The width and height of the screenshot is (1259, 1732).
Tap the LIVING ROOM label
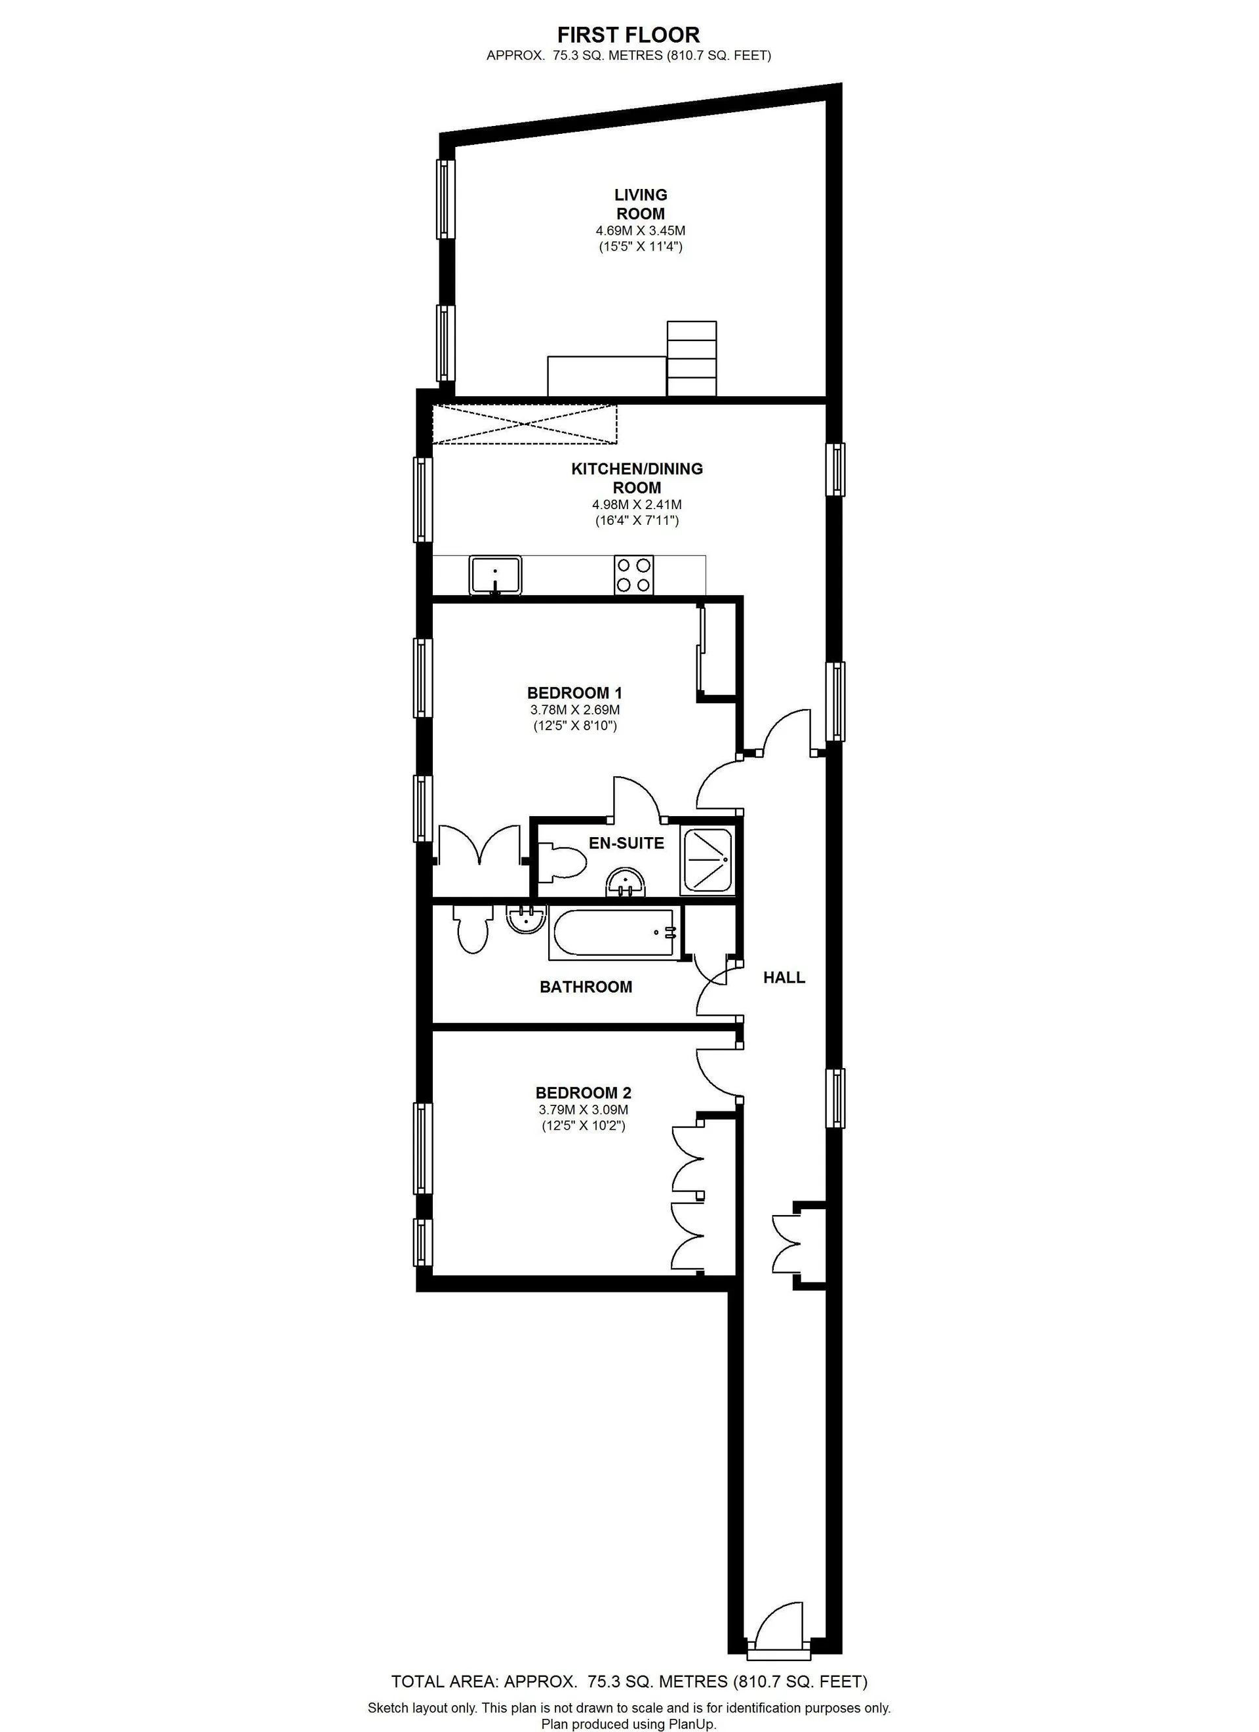641,205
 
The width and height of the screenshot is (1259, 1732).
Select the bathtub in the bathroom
614,932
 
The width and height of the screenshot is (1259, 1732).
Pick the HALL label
784,978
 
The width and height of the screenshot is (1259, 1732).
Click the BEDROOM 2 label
584,1093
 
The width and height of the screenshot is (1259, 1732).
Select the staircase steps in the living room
692,358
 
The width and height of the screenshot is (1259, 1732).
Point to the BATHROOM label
586,987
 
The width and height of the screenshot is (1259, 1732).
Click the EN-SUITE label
626,843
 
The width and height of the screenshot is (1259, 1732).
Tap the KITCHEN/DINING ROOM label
637,478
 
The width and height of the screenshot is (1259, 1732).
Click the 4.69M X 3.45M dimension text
641,230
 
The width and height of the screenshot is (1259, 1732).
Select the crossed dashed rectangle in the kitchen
525,424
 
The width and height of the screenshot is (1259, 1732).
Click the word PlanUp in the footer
691,1723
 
